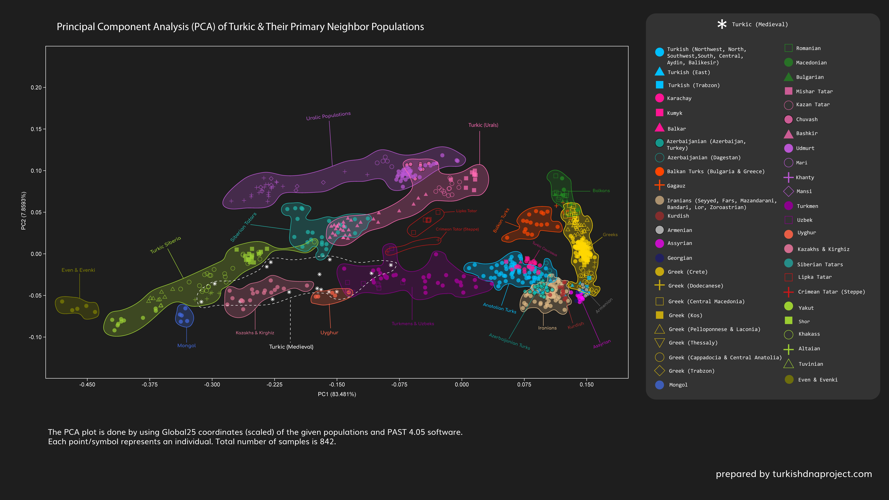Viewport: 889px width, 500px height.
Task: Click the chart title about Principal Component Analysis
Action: click(240, 27)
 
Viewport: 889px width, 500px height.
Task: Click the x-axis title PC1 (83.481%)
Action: click(337, 394)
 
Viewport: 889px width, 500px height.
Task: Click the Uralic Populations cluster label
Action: click(328, 116)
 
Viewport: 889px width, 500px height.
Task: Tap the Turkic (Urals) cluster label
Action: click(483, 125)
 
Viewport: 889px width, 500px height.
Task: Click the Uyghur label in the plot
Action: click(329, 333)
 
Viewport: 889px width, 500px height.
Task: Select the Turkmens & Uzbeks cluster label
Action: click(413, 324)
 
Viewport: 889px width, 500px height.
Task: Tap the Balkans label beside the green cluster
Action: click(601, 190)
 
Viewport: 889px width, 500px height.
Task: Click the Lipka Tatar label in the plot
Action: click(466, 211)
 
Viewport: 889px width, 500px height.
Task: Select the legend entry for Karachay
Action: click(679, 98)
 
